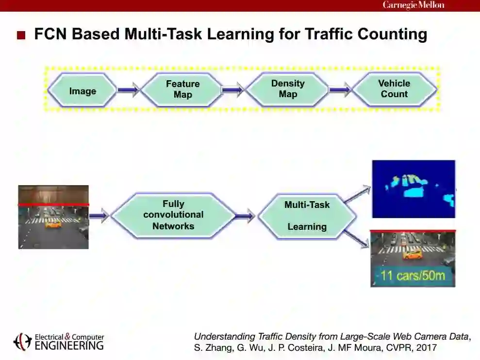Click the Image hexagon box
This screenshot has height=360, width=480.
83,91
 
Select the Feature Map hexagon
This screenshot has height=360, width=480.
182,89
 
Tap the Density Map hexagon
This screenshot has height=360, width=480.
287,89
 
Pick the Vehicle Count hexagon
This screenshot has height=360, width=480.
394,89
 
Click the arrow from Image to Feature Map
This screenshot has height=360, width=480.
129,90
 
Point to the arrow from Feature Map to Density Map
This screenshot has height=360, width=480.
232,90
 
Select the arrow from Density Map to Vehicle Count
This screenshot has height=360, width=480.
340,90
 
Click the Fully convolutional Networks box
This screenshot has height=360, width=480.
173,215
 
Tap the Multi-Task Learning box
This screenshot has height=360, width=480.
307,216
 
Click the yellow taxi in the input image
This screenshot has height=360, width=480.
53,224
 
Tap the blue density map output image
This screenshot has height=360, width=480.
414,189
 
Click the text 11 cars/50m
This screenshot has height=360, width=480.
413,276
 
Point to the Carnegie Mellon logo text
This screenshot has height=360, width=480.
414,5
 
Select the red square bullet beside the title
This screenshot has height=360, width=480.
21,35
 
